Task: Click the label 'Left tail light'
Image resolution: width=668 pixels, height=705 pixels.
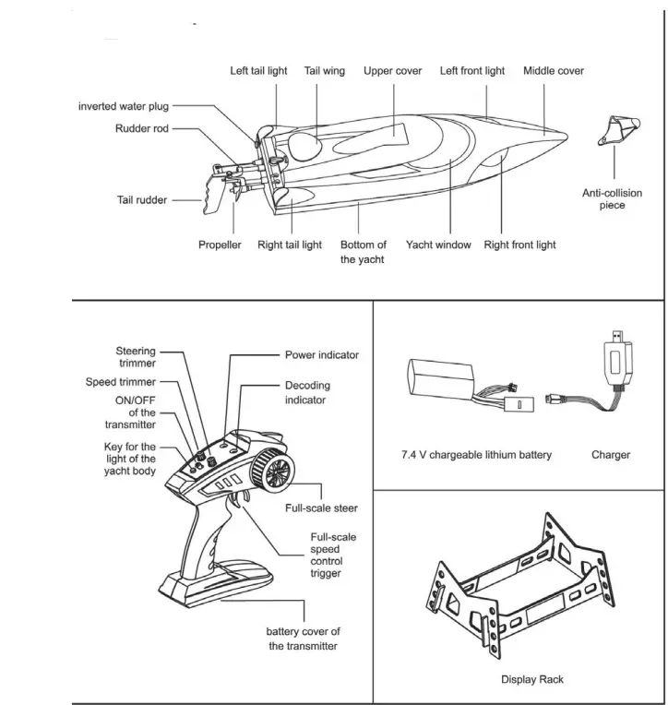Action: point(258,71)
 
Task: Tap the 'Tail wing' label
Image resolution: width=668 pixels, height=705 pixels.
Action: point(324,71)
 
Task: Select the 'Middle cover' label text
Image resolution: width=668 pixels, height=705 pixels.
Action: point(553,71)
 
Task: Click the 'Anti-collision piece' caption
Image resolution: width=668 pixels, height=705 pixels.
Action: point(612,199)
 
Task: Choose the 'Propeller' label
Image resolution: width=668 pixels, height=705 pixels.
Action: point(220,245)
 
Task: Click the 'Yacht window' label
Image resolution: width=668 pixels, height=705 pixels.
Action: point(438,245)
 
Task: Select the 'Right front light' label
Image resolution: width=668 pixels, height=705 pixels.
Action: point(519,245)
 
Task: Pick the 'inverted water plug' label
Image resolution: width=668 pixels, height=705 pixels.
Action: point(123,107)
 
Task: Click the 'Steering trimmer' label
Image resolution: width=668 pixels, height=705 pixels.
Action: point(136,357)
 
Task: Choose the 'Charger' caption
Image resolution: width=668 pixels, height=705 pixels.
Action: point(611,455)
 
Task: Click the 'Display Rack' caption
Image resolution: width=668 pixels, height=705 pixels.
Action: point(532,680)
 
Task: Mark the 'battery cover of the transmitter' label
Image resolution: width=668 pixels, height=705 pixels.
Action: point(303,639)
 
